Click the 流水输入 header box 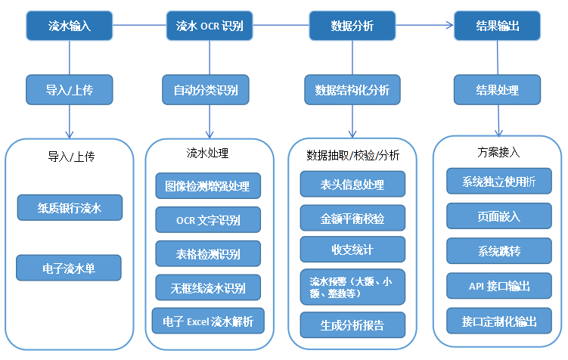point(70,26)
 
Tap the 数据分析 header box point(352,26)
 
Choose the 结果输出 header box point(497,26)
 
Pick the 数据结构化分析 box point(352,90)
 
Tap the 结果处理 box point(497,90)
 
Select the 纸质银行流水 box point(70,206)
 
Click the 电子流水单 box point(70,268)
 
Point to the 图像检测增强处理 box point(208,185)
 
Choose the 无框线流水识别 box point(208,287)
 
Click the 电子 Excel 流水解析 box point(208,321)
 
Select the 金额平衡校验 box point(352,219)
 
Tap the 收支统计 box point(352,249)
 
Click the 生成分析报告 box point(352,325)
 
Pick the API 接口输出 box point(499,286)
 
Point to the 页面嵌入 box point(499,216)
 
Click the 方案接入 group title point(499,152)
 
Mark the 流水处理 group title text point(208,153)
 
